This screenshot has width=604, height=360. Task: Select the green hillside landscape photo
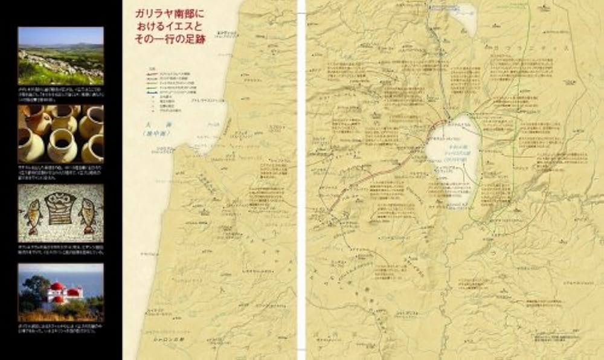[60, 56]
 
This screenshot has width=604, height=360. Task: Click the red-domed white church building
[63, 293]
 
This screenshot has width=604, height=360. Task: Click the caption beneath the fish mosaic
[60, 250]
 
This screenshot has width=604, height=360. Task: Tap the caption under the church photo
[60, 331]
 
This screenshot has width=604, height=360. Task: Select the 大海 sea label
[153, 124]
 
